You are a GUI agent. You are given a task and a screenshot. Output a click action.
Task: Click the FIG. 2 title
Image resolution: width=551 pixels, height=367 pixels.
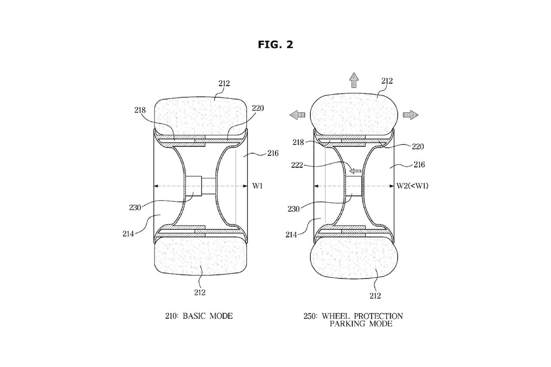tap(275, 44)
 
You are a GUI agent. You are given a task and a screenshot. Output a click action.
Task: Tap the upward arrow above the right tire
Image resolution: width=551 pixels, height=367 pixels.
tap(354, 80)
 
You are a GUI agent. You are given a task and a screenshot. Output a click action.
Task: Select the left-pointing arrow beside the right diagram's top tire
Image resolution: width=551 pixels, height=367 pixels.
tap(297, 115)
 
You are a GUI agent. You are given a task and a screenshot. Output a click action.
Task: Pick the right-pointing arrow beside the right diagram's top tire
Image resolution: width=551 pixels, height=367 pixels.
tap(410, 115)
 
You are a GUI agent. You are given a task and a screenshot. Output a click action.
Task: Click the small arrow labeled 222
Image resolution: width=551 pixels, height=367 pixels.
tap(355, 171)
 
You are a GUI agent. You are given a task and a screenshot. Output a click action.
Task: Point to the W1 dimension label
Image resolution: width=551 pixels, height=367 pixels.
tap(257, 186)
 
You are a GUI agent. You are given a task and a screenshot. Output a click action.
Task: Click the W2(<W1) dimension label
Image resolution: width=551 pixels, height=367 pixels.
tap(412, 186)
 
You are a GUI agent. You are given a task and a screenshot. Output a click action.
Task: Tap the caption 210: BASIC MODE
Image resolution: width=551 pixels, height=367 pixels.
tap(199, 316)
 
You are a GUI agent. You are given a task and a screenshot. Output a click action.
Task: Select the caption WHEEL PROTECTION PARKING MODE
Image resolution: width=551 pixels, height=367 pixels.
tap(362, 320)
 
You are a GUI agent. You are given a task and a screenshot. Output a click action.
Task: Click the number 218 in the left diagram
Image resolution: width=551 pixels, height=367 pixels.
tap(140, 110)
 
